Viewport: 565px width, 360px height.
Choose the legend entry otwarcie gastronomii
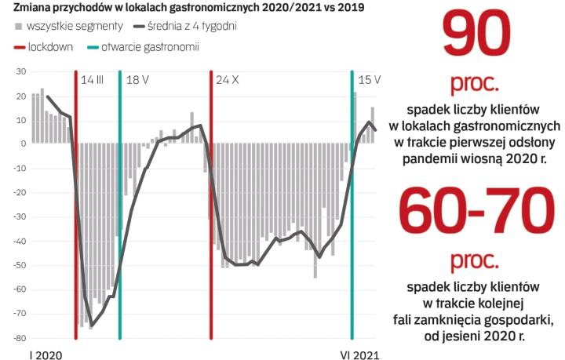[x=150, y=46]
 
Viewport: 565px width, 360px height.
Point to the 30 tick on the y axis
[x=21, y=71]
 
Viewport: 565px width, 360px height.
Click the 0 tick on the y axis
[x=24, y=144]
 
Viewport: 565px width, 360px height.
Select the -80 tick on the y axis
[x=20, y=339]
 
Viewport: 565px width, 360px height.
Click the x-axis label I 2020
[x=45, y=355]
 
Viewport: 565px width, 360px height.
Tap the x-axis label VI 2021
[x=359, y=355]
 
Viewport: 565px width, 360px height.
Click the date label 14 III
[x=93, y=80]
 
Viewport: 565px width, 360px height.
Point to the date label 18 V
[x=137, y=80]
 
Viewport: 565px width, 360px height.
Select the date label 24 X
[x=228, y=80]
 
